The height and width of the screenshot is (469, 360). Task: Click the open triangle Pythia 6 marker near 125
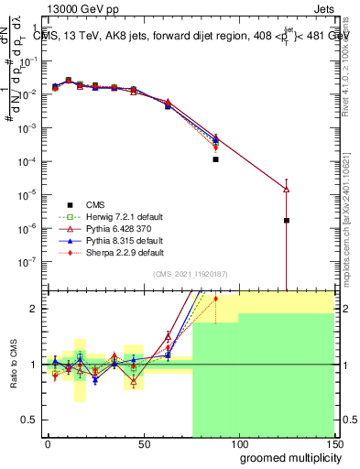[287, 190]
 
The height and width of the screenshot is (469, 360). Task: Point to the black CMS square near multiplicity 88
[215, 159]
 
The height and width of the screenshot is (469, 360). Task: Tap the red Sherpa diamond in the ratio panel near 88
[215, 299]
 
